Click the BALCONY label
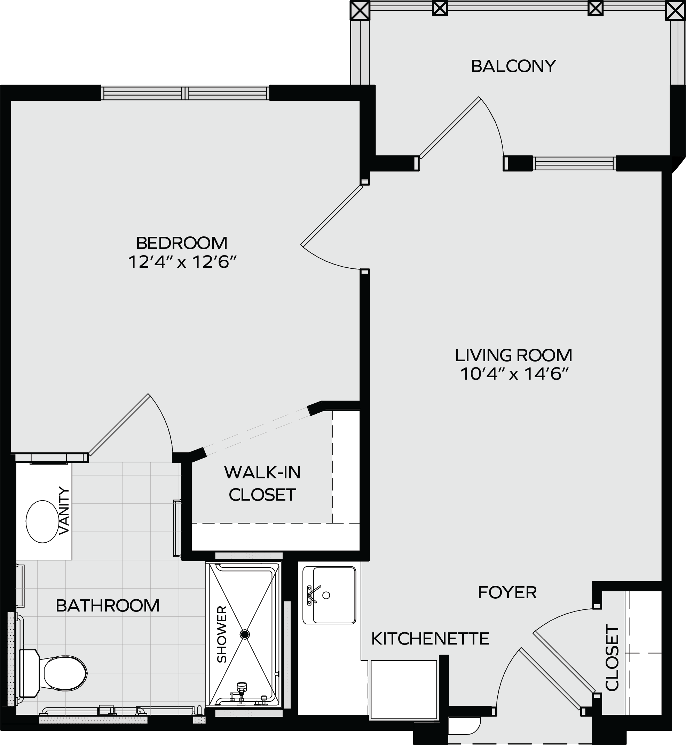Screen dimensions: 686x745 [513, 66]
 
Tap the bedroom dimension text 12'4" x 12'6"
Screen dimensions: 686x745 [182, 262]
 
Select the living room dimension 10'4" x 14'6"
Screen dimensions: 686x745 [514, 374]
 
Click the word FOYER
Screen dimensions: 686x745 [507, 593]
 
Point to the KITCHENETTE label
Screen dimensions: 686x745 [430, 639]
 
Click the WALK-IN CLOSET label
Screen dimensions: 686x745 [262, 484]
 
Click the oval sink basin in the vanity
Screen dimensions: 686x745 [43, 521]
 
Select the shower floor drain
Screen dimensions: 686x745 [245, 634]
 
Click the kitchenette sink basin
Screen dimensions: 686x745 [334, 595]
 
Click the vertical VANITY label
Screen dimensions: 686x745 [64, 511]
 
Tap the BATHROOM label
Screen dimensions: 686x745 [108, 606]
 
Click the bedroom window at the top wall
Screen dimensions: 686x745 [185, 93]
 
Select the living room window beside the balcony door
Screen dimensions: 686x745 [574, 163]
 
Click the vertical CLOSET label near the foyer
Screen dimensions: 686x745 [612, 658]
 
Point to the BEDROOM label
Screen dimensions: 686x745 [182, 243]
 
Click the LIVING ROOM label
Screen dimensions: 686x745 [514, 355]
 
